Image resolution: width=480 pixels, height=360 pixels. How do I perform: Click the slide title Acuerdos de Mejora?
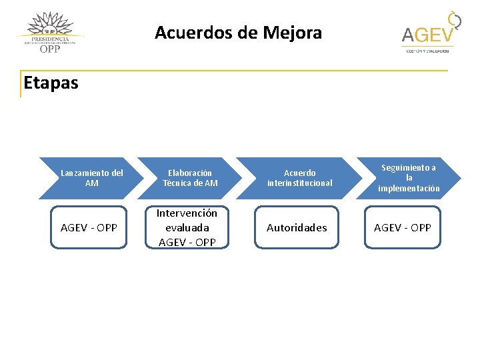(x=238, y=32)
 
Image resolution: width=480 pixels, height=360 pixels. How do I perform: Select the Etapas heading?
(x=51, y=83)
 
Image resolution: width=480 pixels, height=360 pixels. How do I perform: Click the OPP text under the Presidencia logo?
(x=50, y=48)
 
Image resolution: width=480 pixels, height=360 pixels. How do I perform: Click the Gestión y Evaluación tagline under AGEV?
(x=427, y=51)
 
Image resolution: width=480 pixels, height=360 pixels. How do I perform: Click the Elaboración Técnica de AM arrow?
(x=190, y=178)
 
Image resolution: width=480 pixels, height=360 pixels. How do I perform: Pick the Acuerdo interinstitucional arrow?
(x=299, y=178)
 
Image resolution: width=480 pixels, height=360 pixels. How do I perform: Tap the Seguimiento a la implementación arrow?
(x=408, y=178)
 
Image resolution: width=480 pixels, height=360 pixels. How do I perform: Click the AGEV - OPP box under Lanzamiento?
(x=89, y=227)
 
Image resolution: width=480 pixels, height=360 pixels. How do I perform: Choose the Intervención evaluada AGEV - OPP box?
(x=187, y=227)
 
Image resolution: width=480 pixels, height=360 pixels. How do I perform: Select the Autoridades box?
(x=297, y=227)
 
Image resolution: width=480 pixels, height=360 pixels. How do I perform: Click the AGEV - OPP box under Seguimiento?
(x=403, y=227)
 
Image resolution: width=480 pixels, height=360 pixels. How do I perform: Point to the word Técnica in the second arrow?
(x=178, y=183)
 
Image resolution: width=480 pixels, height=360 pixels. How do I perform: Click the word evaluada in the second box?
(x=187, y=227)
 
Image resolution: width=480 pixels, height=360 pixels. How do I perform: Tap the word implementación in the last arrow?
(x=409, y=189)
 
